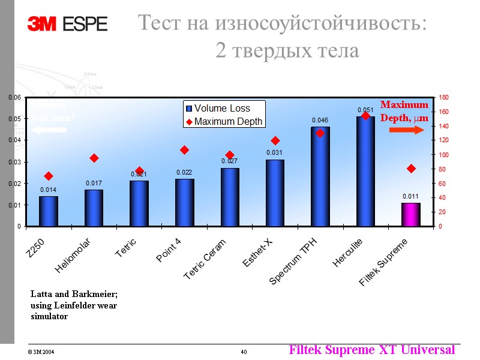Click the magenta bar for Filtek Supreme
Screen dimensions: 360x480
click(411, 214)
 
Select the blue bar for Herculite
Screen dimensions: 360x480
click(365, 171)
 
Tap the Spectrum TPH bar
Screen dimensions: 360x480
click(320, 176)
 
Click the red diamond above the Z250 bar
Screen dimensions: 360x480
click(49, 176)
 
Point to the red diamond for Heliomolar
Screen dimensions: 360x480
click(94, 158)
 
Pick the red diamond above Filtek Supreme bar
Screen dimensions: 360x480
click(411, 169)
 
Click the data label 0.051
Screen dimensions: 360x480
click(365, 110)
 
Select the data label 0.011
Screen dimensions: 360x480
click(411, 196)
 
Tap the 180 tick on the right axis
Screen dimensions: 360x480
click(443, 97)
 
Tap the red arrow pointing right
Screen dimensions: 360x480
click(407, 130)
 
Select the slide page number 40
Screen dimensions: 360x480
click(244, 352)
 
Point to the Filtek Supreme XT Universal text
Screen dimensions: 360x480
click(371, 349)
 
